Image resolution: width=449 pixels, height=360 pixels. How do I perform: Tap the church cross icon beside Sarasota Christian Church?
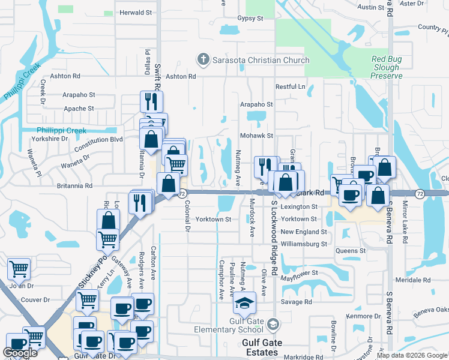[203, 60]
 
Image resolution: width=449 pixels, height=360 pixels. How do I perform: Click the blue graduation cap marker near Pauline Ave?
[244, 304]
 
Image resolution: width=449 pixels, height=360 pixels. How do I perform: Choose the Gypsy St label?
[250, 19]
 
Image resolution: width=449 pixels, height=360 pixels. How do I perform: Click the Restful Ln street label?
[291, 86]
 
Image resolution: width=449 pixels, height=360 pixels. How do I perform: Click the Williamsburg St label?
[304, 244]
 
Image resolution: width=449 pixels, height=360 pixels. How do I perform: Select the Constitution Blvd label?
[98, 139]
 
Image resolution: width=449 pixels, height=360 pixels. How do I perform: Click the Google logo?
[20, 353]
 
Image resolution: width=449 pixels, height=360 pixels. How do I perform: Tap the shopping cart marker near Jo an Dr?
[19, 269]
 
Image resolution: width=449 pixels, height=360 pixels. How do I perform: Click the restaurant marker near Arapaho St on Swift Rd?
[151, 101]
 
